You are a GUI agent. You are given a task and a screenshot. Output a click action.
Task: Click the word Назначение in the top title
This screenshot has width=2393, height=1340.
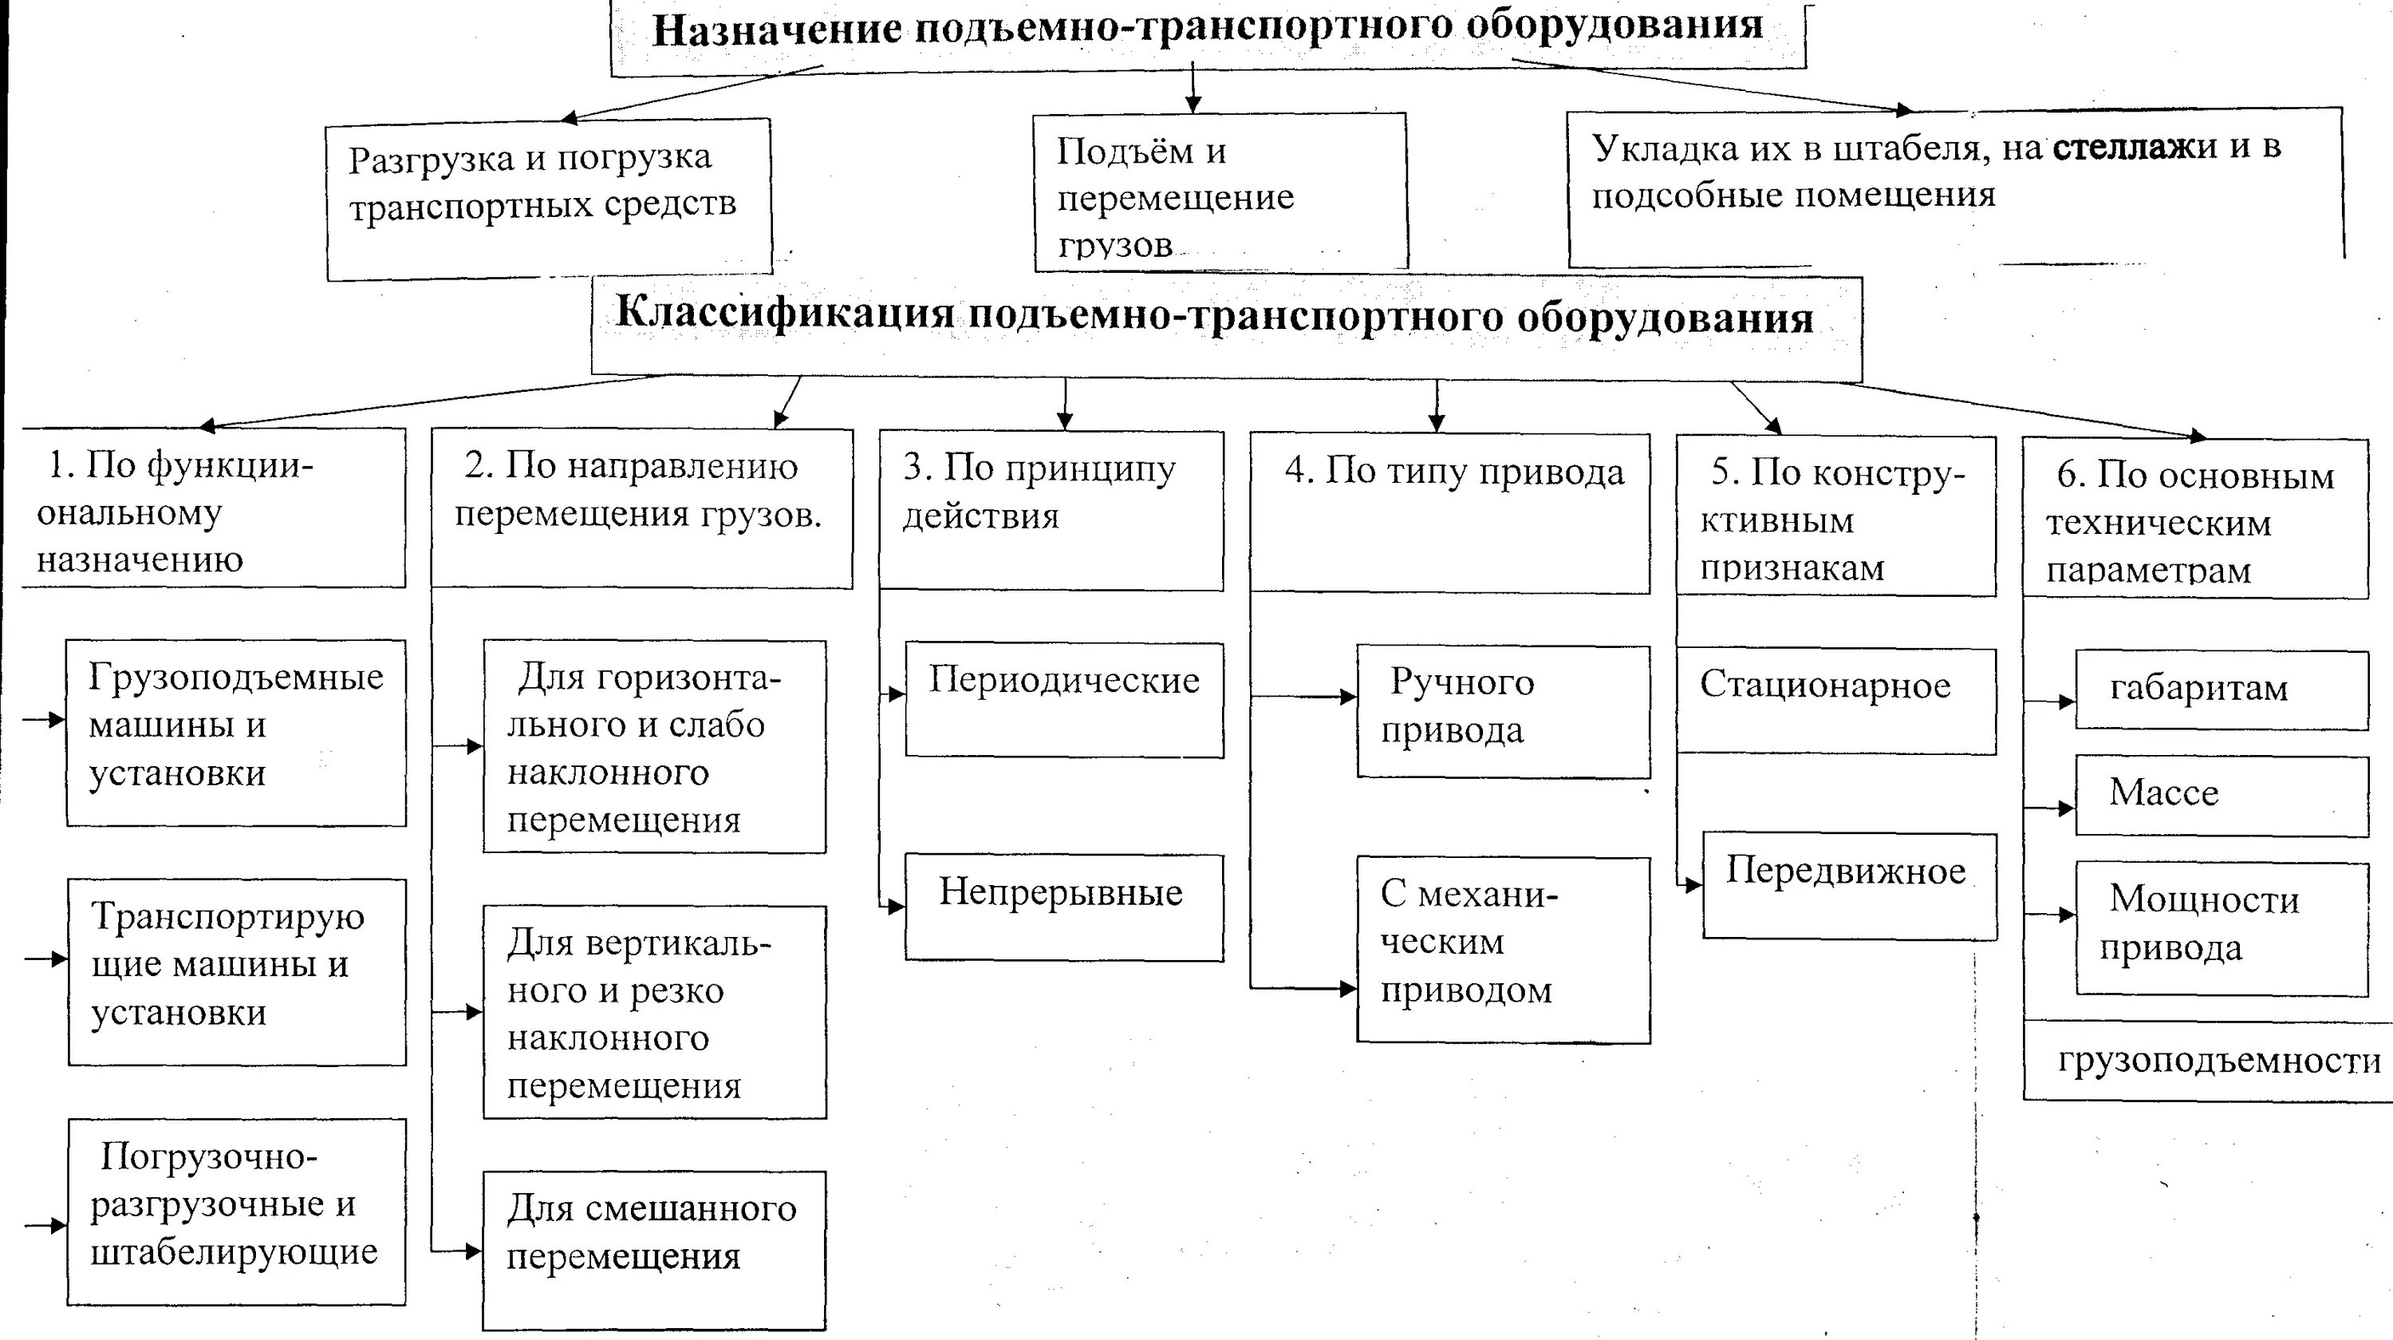[775, 30]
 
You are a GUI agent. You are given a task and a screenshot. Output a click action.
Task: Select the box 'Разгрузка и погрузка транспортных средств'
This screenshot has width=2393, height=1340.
[548, 199]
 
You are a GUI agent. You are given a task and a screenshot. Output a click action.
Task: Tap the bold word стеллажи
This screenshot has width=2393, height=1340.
[2134, 147]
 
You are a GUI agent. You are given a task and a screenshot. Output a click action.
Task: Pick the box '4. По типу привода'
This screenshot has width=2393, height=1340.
[1449, 512]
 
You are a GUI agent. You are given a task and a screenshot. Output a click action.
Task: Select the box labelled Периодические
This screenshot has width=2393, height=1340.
[1063, 699]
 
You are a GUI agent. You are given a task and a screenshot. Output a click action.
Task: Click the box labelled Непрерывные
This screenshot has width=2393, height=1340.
[1063, 907]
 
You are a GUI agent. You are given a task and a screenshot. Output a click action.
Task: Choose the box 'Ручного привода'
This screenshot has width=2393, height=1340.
[1502, 711]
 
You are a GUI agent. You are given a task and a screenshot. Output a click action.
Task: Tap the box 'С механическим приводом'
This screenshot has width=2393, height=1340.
[1502, 949]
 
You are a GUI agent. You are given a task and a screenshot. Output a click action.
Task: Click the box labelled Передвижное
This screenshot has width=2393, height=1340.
[1849, 886]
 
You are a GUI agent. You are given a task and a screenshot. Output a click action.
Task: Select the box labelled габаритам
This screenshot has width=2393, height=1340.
[2222, 690]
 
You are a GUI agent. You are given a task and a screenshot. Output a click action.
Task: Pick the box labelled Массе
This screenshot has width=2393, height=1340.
[2222, 796]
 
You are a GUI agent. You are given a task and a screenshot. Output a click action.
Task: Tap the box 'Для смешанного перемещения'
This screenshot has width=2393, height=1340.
[653, 1249]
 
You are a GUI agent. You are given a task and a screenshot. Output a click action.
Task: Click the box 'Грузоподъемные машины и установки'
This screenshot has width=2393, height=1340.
[236, 733]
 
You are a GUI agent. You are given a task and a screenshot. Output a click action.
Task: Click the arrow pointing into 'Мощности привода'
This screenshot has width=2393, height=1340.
[2053, 915]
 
